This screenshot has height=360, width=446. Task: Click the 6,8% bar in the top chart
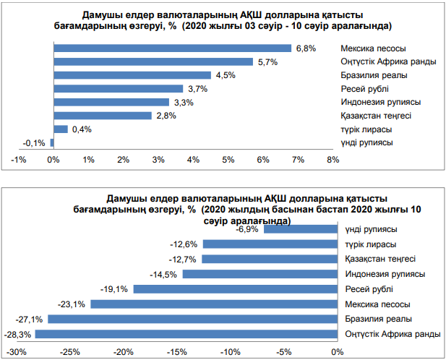pyautogui.click(x=172, y=48)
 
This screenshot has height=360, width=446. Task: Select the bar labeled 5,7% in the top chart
pyautogui.click(x=153, y=61)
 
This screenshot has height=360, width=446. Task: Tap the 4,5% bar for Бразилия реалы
pyautogui.click(x=132, y=75)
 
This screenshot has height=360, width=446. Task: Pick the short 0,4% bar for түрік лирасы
pyautogui.click(x=60, y=129)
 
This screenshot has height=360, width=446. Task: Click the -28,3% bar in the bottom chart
pyautogui.click(x=186, y=333)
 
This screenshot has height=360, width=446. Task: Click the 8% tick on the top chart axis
pyautogui.click(x=333, y=159)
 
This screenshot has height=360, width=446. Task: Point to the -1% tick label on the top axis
pyautogui.click(x=19, y=159)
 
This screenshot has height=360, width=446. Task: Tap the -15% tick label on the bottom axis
pyautogui.click(x=177, y=352)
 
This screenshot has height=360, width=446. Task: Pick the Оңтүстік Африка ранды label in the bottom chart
pyautogui.click(x=389, y=334)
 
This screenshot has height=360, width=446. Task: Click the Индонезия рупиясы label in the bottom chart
pyautogui.click(x=385, y=274)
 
